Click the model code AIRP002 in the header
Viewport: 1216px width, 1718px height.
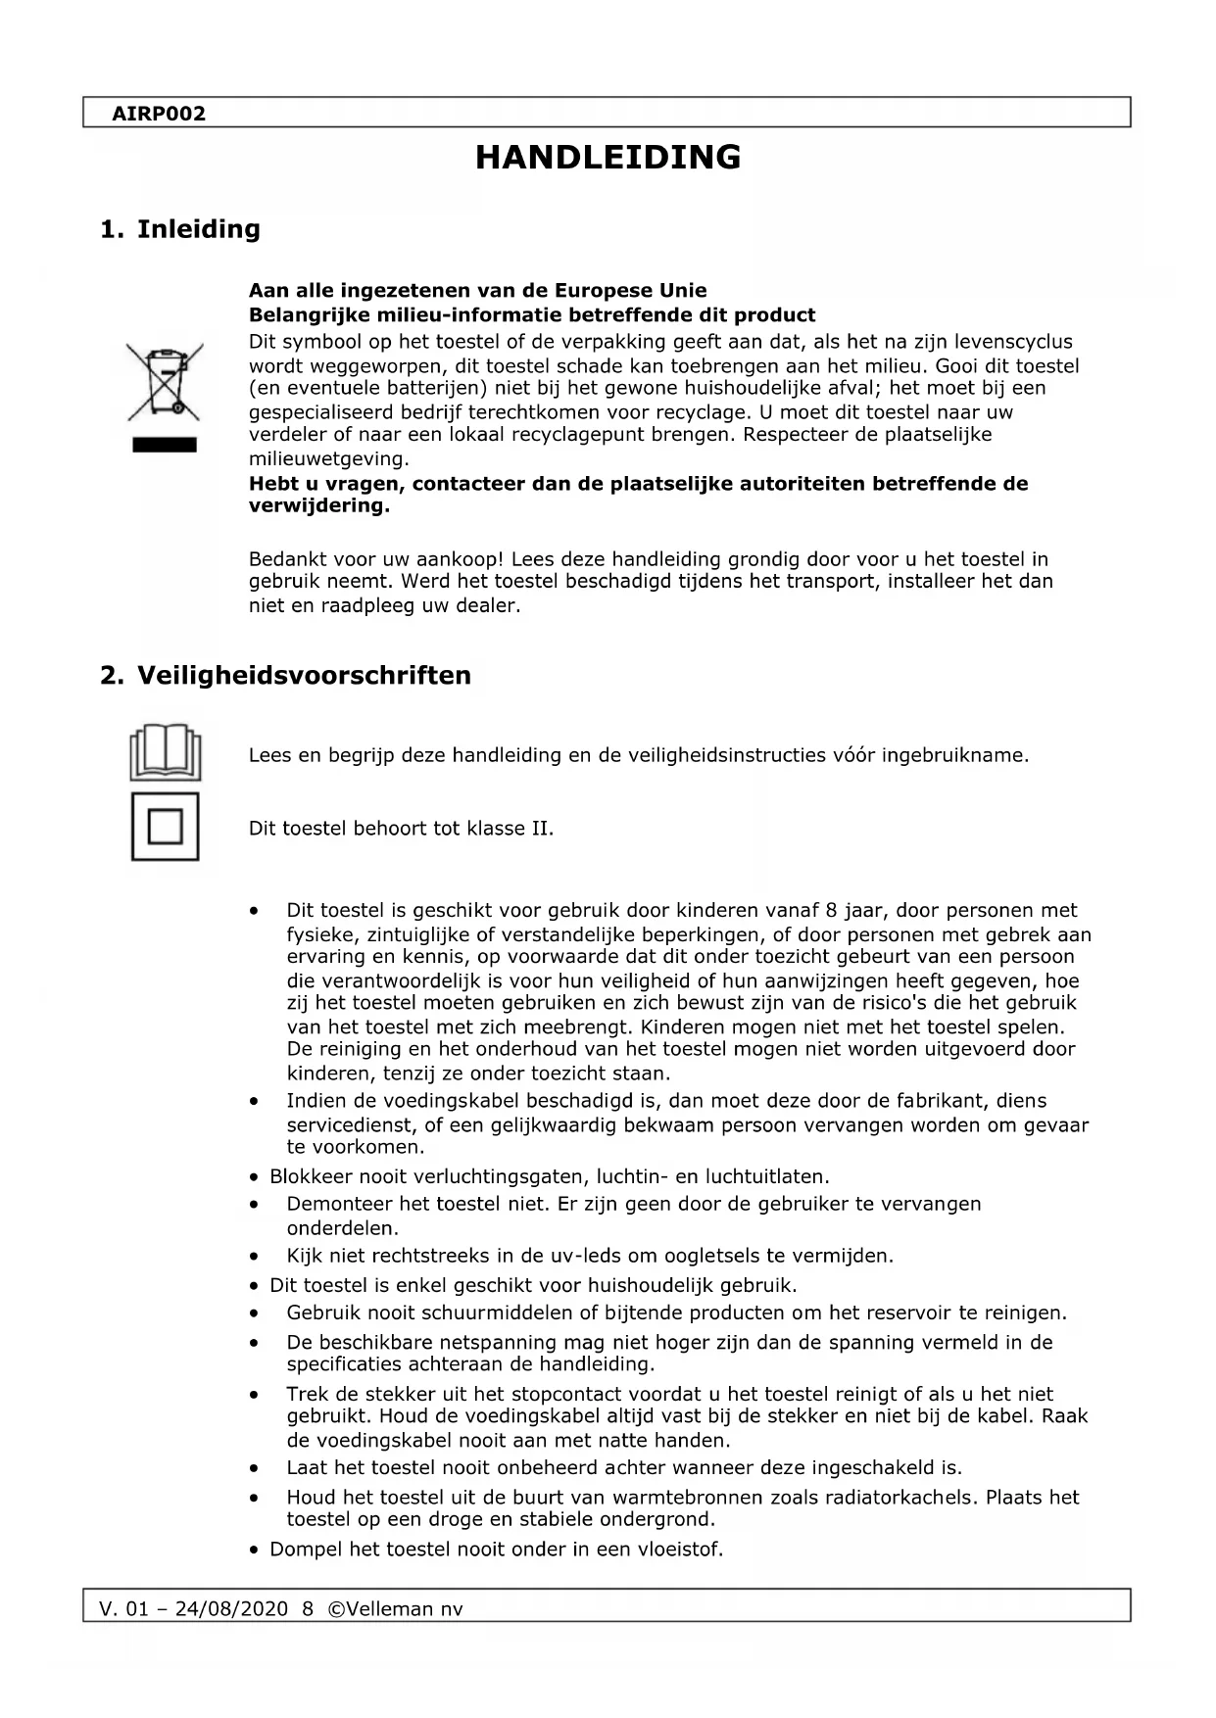click(x=159, y=114)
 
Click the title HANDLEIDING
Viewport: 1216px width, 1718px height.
click(x=608, y=158)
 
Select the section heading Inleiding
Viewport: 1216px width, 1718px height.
click(x=198, y=229)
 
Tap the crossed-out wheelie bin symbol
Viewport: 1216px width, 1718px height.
click(x=164, y=381)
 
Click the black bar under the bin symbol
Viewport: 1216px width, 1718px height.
click(x=165, y=446)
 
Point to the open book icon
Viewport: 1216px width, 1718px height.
click(x=165, y=751)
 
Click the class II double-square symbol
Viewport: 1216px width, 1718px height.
click(x=165, y=828)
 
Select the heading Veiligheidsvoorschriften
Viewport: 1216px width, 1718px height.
click(x=304, y=675)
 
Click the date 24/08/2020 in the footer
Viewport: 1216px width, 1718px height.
click(x=231, y=1609)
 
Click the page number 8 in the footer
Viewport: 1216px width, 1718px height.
click(x=308, y=1609)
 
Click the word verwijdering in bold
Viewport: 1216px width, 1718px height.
click(x=317, y=506)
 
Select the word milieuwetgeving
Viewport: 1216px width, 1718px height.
click(x=327, y=459)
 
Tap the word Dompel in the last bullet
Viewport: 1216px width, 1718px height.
click(x=305, y=1550)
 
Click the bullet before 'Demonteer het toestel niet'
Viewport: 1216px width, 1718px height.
click(x=255, y=1205)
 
